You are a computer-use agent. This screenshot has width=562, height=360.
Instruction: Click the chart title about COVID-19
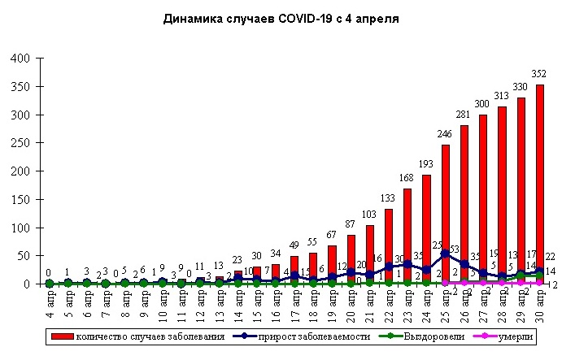click(281, 17)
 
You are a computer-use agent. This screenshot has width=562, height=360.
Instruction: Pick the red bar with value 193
click(427, 229)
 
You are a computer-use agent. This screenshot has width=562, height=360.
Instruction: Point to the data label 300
click(483, 104)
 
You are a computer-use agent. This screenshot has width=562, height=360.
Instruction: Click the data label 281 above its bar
click(464, 115)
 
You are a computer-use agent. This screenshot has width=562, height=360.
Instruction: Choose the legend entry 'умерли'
click(512, 336)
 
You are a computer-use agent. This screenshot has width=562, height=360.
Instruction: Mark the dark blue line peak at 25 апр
click(446, 254)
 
